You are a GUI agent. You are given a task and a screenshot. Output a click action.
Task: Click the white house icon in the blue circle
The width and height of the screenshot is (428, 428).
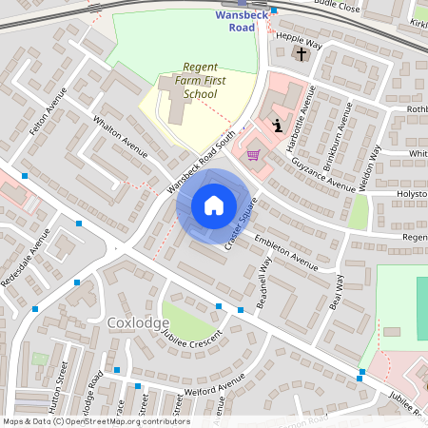point(214,205)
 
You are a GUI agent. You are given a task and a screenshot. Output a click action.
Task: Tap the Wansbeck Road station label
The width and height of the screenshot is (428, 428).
point(243,21)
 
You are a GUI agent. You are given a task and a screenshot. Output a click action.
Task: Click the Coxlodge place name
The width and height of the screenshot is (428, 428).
point(138,322)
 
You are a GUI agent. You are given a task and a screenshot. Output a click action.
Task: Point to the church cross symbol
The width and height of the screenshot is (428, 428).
point(302,54)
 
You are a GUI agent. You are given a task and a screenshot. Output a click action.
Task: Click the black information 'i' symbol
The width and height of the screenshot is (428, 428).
point(277,125)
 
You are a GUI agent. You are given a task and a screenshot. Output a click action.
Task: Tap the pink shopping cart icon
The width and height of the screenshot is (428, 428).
point(253,154)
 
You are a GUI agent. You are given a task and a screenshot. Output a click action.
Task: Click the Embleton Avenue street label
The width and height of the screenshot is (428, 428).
point(285,250)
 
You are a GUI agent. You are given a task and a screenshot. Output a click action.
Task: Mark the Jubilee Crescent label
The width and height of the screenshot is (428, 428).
point(192,341)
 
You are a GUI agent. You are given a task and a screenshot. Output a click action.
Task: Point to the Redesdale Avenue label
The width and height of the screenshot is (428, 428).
point(29,259)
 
